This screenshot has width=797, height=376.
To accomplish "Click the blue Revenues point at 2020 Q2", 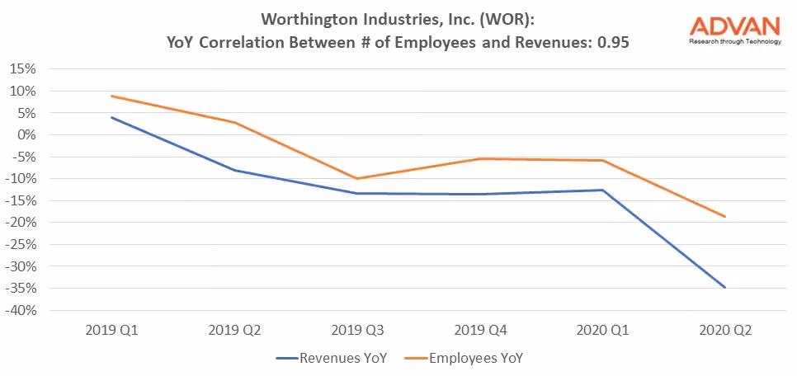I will tap(724, 288).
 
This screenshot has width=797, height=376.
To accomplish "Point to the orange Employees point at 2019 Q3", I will tap(356, 178).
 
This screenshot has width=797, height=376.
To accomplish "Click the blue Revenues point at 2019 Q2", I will tap(234, 170).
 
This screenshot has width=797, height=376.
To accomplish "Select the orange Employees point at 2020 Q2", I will tap(724, 217).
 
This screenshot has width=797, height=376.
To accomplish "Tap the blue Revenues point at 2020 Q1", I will tap(602, 190).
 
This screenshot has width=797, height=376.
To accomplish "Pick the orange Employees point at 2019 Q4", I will tap(479, 158).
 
